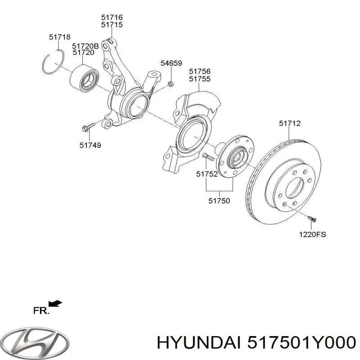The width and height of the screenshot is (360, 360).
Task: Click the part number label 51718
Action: pyautogui.click(x=59, y=37)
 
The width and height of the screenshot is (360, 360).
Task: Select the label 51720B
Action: pyautogui.click(x=85, y=46)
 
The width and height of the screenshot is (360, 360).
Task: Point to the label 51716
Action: pyautogui.click(x=112, y=18)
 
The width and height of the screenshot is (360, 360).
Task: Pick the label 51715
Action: pyautogui.click(x=112, y=25)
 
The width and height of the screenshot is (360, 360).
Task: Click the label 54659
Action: pyautogui.click(x=171, y=63)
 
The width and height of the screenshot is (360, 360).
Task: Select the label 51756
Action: pyautogui.click(x=199, y=72)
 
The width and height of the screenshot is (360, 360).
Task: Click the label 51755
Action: pyautogui.click(x=199, y=79)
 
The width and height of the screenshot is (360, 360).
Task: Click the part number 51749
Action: pyautogui.click(x=90, y=145)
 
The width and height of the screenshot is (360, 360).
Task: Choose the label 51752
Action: pyautogui.click(x=207, y=174)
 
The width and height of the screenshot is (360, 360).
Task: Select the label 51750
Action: pyautogui.click(x=219, y=201)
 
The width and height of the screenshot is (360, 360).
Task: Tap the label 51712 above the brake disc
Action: pyautogui.click(x=289, y=123)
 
